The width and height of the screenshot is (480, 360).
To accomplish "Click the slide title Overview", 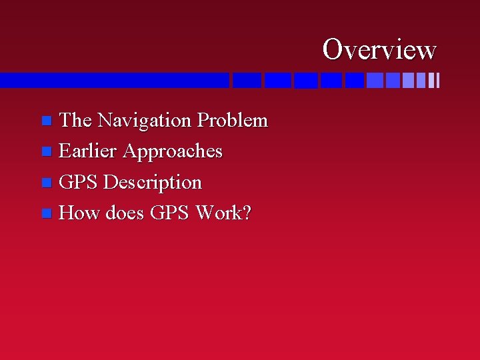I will (x=379, y=49).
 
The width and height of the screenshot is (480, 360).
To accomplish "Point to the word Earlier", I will (x=88, y=151).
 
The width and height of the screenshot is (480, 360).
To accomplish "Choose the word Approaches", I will (x=172, y=152).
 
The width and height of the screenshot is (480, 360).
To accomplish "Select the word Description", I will (x=153, y=183).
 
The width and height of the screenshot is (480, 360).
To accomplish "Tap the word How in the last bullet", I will (x=80, y=213).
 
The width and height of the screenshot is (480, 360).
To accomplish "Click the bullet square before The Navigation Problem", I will (x=46, y=121).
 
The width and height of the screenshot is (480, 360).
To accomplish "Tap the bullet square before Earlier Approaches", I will (x=45, y=152).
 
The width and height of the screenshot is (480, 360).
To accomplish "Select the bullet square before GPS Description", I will (x=45, y=183).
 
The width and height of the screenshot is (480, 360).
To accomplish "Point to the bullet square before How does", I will (x=45, y=213).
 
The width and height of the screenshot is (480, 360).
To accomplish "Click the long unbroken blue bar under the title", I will (x=113, y=80).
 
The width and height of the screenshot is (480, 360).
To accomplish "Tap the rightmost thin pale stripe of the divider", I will (x=437, y=81).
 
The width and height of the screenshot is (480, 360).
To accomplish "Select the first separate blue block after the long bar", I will (x=247, y=81).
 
